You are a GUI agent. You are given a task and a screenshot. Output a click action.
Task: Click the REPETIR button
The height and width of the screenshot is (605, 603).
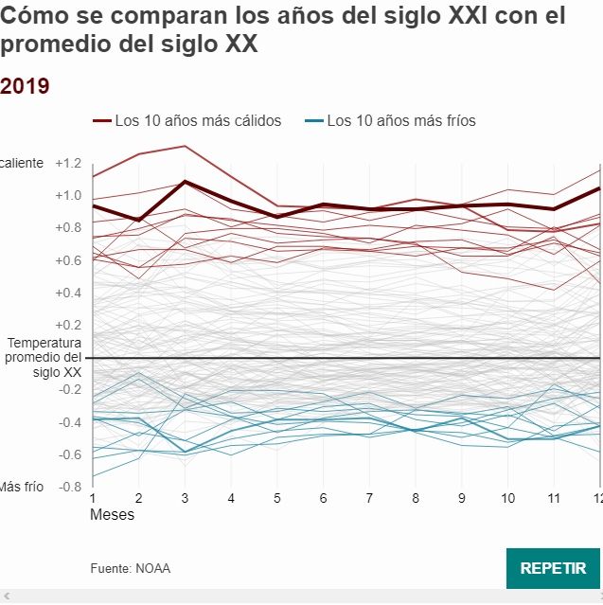[554, 568]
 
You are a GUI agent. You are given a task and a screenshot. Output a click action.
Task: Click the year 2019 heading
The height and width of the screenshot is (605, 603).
[26, 86]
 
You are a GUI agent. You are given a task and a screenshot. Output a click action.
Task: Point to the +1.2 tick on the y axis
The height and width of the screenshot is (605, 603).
[68, 163]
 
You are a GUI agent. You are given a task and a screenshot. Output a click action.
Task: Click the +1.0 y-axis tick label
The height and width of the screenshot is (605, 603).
[68, 195]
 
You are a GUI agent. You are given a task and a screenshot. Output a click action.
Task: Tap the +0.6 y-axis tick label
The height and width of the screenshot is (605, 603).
[68, 260]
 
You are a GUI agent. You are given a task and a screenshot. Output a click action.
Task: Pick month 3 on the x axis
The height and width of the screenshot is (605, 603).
[185, 498]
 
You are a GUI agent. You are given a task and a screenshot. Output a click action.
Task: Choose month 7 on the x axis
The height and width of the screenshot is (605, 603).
[370, 498]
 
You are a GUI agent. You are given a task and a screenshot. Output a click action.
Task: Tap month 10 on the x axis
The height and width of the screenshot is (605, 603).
[508, 498]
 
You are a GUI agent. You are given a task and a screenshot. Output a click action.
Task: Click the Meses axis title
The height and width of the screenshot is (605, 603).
[112, 515]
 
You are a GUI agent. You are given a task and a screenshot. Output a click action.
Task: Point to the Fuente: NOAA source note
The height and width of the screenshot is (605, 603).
[131, 569]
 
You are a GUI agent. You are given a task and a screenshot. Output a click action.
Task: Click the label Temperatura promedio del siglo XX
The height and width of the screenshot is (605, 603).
[44, 358]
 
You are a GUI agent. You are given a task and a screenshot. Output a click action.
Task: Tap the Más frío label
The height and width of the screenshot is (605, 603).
[22, 487]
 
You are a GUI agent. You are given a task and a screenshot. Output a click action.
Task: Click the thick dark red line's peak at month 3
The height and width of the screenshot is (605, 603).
[185, 181]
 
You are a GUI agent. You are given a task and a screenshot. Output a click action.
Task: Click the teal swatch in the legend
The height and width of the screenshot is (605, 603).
[314, 121]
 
